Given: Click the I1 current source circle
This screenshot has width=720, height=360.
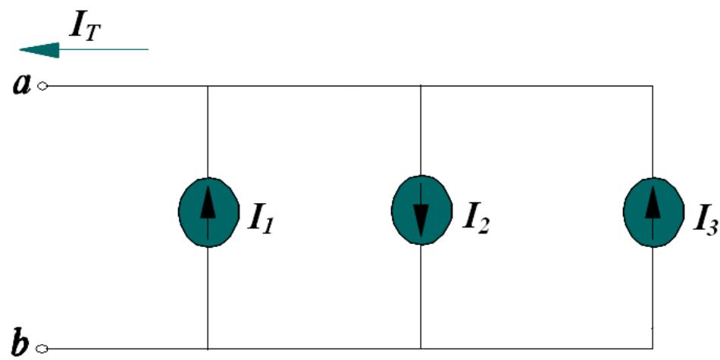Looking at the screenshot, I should tap(207, 213).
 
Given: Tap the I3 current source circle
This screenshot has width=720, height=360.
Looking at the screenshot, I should tap(652, 213).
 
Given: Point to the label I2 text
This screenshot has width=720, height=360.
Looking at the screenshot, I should tap(471, 216).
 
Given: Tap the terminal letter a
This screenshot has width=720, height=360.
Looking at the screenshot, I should tap(21, 85).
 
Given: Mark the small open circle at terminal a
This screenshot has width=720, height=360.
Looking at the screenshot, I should tap(42, 86).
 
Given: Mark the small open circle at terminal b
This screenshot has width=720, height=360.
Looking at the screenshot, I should tap(42, 349).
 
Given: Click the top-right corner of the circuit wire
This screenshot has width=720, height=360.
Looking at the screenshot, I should tap(652, 86).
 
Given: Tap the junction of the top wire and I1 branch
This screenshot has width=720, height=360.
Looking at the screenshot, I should tap(207, 86).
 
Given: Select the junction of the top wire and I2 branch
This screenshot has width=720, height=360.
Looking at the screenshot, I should tap(421, 86).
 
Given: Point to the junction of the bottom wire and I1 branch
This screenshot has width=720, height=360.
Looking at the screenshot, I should tap(207, 349).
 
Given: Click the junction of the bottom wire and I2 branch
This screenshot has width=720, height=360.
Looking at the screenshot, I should tap(421, 349).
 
